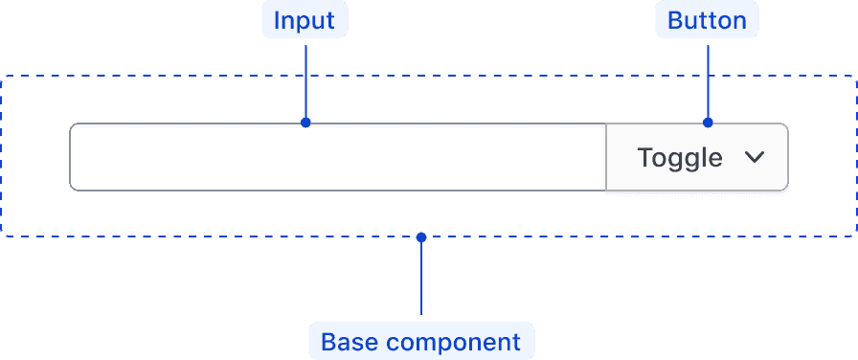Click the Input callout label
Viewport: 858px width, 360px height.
click(305, 20)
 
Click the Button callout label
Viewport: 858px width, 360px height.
click(707, 20)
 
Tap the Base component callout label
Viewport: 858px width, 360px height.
click(420, 342)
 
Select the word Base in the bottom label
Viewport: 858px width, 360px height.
click(350, 342)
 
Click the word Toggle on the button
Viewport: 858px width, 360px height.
click(680, 157)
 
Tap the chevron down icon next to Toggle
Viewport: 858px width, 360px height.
click(755, 157)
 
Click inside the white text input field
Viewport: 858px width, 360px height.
click(335, 157)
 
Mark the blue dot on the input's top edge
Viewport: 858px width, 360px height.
click(305, 123)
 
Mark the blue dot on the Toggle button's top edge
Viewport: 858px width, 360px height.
click(708, 123)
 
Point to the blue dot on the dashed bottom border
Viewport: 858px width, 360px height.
click(420, 235)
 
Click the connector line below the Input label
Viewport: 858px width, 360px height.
click(305, 81)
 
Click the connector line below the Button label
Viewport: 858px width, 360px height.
click(708, 81)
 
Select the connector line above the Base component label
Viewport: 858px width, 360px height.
click(420, 278)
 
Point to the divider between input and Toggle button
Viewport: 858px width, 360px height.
click(606, 157)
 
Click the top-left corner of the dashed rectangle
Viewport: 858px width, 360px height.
click(3, 76)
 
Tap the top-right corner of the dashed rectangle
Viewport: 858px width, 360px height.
click(855, 76)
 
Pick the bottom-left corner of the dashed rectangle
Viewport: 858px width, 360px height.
click(3, 235)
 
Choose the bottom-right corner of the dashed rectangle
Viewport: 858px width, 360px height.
click(855, 235)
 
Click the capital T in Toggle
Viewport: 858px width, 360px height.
click(644, 157)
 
